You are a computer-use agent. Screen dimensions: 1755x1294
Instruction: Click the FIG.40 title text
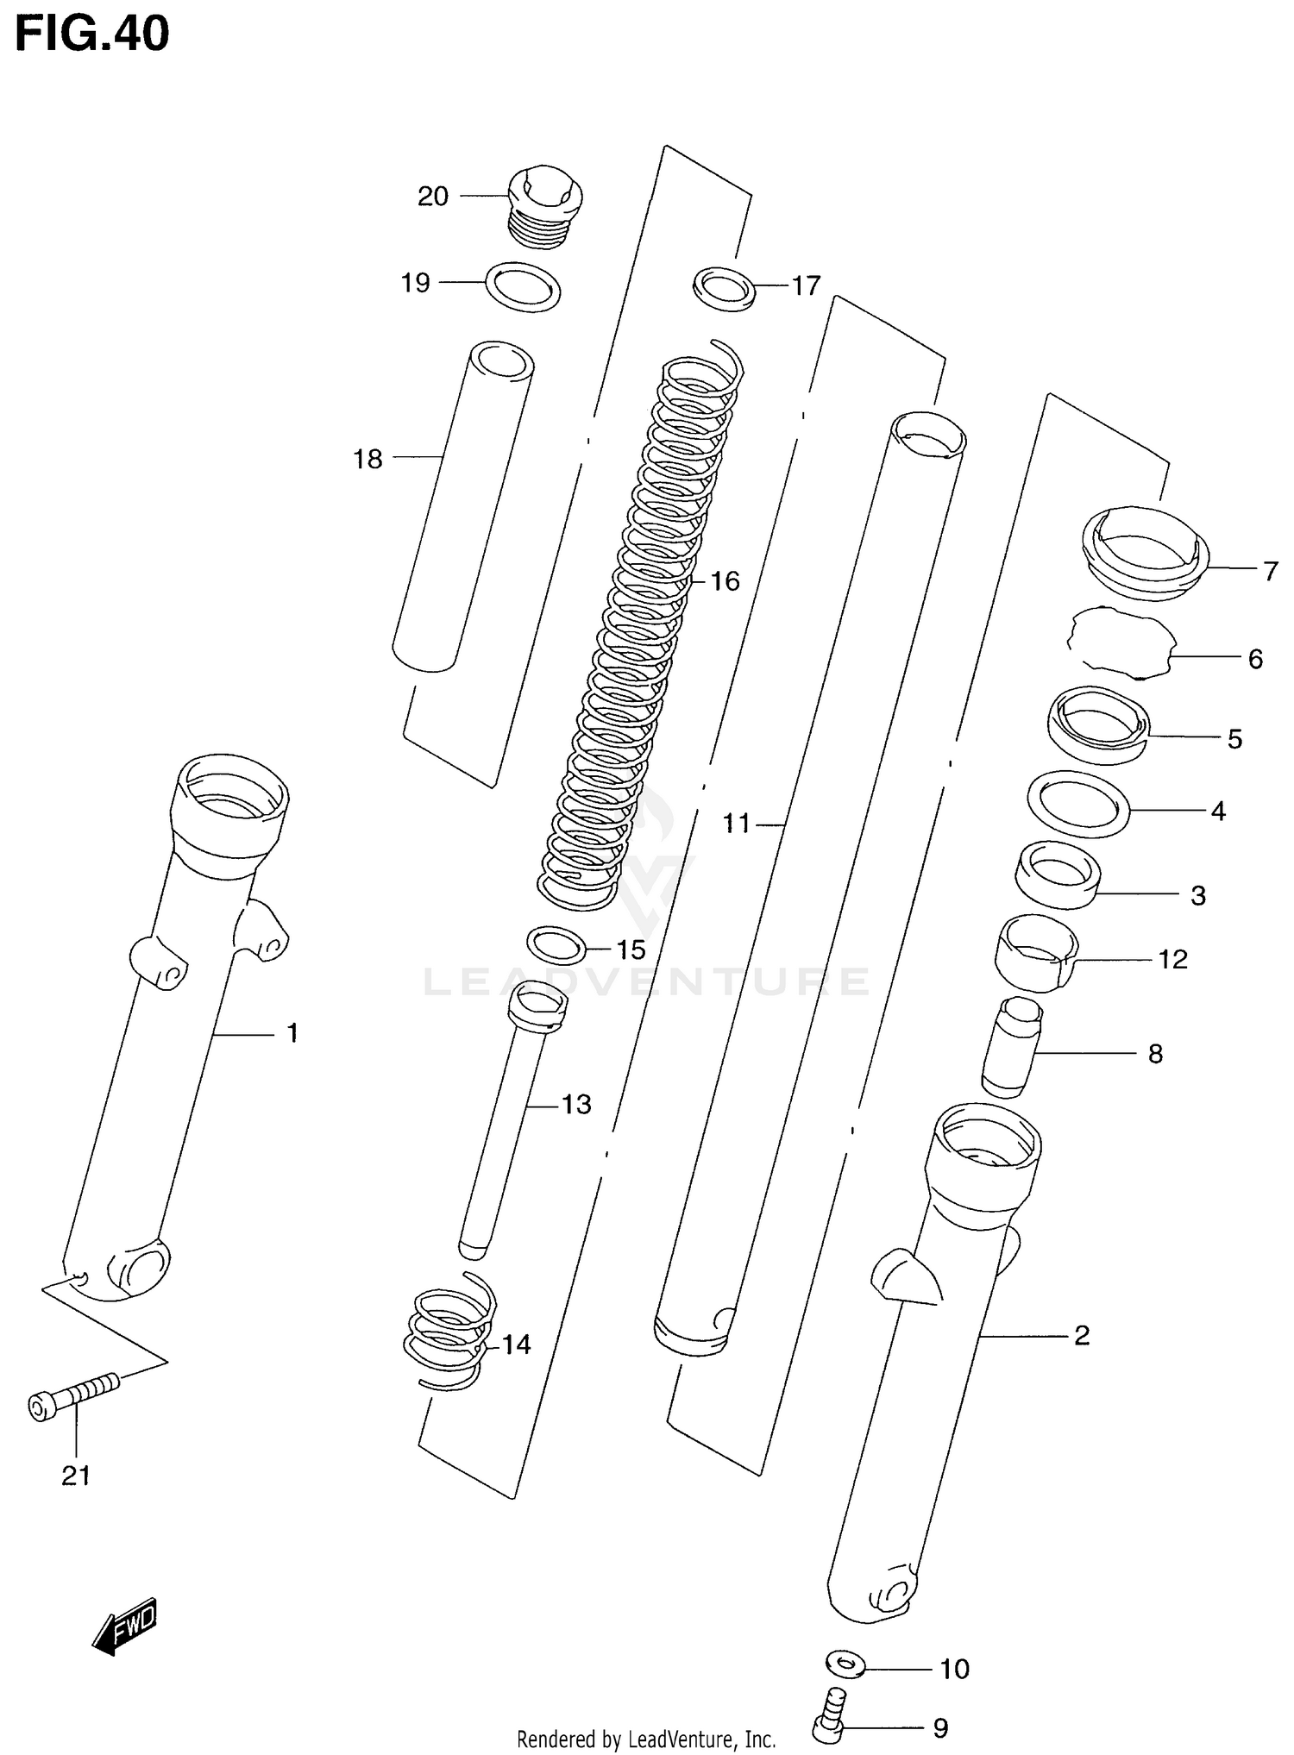[92, 34]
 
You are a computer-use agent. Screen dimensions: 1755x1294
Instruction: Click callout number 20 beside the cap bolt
[433, 197]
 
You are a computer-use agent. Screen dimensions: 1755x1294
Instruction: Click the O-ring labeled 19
[524, 286]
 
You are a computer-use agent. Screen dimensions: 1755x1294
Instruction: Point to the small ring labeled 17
[725, 288]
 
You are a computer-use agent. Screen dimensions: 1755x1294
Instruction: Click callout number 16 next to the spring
[725, 581]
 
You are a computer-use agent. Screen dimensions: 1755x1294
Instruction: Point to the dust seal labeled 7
[1144, 552]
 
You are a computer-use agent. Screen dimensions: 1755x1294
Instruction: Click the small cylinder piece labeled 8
[1012, 1048]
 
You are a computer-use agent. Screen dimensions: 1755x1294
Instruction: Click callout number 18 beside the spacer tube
[367, 460]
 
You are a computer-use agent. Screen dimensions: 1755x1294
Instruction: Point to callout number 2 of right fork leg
[1082, 1336]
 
